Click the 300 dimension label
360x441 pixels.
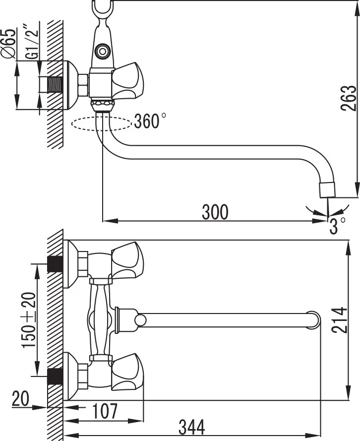point(215,212)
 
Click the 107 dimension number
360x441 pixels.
point(105,411)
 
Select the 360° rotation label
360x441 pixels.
point(150,121)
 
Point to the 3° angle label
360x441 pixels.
point(338,226)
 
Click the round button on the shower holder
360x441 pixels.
point(103,50)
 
